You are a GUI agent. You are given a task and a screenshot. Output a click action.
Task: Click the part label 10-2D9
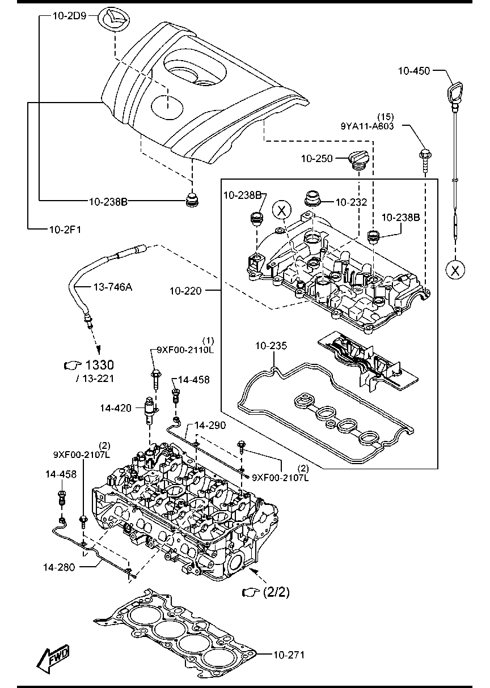tap(69, 16)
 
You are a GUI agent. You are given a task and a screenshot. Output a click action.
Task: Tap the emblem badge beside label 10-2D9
tap(113, 20)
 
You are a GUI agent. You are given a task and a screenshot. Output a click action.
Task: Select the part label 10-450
tap(414, 71)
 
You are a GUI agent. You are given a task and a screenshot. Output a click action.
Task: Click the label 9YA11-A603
tap(367, 126)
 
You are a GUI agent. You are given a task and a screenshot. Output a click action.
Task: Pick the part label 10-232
tap(351, 202)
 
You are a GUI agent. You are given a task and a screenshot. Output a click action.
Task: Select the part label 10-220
tap(185, 291)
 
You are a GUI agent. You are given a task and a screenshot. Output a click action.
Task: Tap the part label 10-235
tap(271, 346)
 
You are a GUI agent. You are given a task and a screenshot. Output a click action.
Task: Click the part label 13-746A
tap(112, 287)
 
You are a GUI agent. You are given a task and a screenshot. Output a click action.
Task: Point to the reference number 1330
tap(99, 365)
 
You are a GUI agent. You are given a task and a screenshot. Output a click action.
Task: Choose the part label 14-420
tap(116, 408)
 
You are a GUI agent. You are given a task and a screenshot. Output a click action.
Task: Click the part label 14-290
tap(210, 426)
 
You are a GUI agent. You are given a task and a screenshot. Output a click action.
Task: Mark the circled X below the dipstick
tap(455, 270)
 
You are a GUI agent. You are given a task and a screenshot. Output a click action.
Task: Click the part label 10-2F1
tap(65, 230)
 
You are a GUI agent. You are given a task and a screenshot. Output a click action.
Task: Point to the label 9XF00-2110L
tap(185, 350)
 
